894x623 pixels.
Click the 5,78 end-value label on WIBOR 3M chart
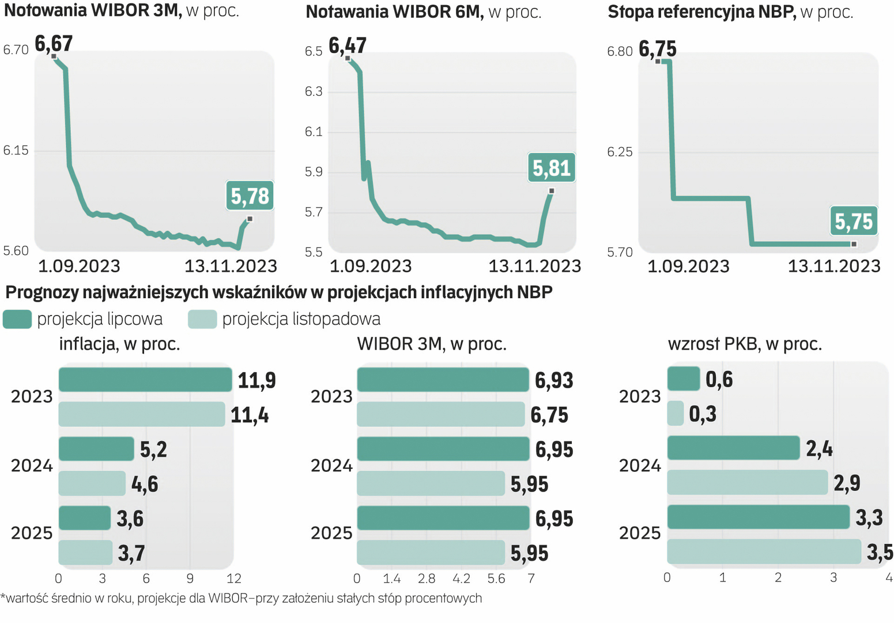point(250,196)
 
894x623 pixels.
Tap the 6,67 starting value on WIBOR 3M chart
point(54,44)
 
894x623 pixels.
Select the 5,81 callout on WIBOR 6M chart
point(552,168)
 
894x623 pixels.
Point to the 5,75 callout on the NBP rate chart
point(854,221)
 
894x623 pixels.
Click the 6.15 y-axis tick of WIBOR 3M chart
point(16,151)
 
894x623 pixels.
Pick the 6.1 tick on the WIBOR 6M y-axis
point(314,132)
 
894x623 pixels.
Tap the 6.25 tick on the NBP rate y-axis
point(620,152)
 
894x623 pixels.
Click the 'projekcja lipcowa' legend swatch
point(17,319)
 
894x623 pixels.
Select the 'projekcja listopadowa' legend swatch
point(202,319)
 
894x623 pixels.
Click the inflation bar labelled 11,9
point(145,380)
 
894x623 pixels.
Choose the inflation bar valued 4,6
point(92,483)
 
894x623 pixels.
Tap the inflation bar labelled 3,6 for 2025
point(85,518)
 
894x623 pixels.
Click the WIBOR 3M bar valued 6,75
point(441,414)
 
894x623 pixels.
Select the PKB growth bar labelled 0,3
point(675,413)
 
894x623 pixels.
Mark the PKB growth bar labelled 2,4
point(733,448)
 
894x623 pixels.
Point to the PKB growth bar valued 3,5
point(764,551)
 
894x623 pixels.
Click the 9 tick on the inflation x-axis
point(190,578)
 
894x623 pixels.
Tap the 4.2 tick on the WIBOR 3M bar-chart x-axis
point(461,578)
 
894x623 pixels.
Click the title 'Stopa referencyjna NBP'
point(701,12)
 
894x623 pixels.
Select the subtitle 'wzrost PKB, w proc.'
point(745,344)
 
